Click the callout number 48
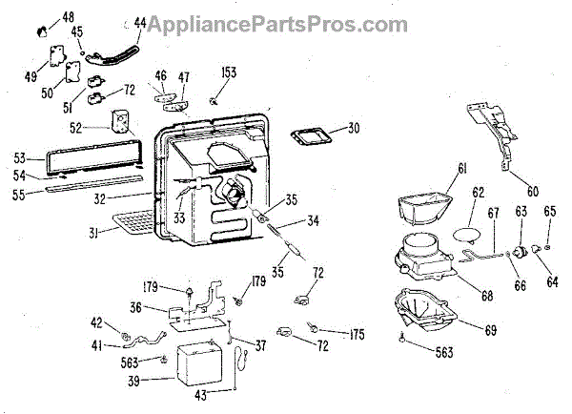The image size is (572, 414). click(x=68, y=17)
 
